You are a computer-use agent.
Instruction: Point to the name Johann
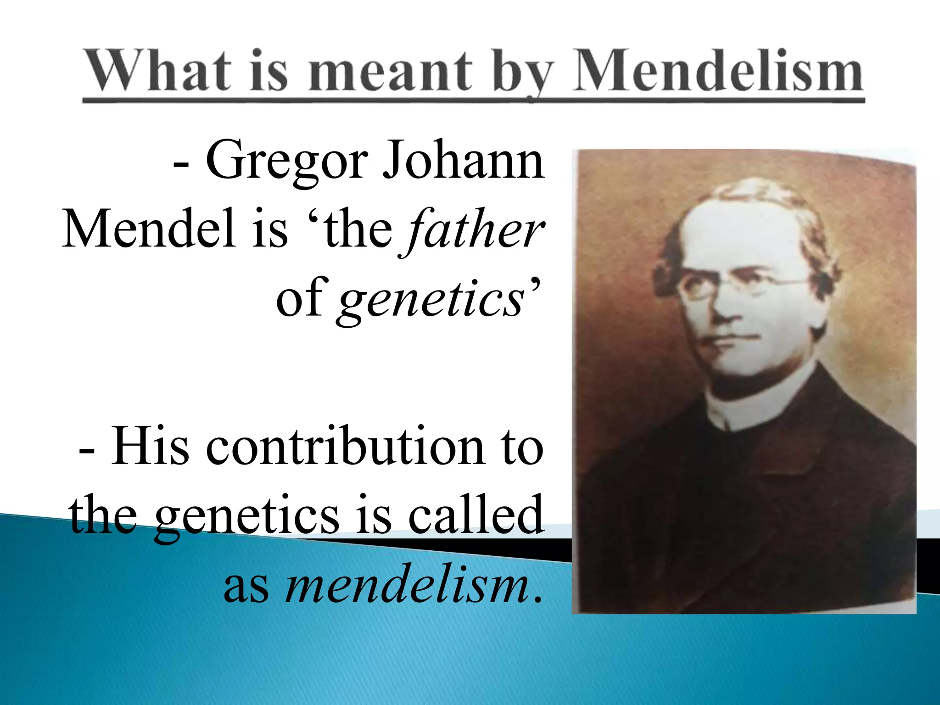click(464, 161)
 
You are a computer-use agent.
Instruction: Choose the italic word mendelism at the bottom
click(406, 585)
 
